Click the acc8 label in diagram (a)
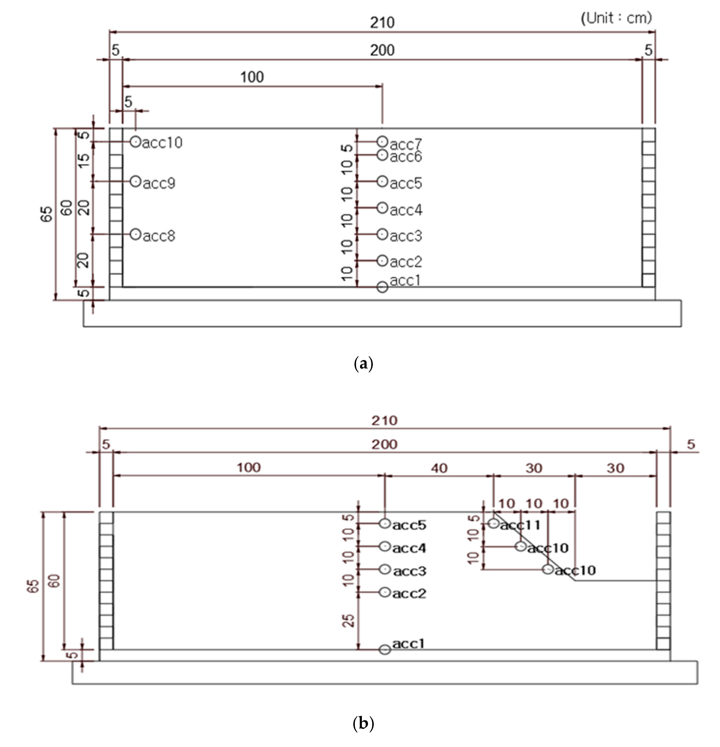(x=159, y=236)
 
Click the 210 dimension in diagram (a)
(x=382, y=23)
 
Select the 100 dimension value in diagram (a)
(x=252, y=77)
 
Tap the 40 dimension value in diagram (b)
(x=439, y=468)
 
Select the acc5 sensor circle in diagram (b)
(x=385, y=523)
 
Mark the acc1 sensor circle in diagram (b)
(x=385, y=649)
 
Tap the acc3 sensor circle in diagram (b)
(x=385, y=569)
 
